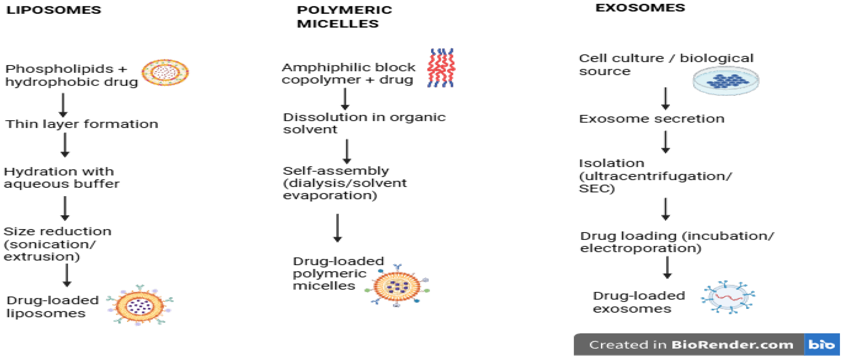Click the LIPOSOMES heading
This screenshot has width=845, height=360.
[x=54, y=10]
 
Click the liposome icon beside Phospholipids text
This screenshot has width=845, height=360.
[x=165, y=72]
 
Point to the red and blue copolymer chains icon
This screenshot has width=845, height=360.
[x=441, y=68]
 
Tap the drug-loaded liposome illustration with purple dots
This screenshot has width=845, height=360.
[x=140, y=305]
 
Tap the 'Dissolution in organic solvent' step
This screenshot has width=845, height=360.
[x=364, y=123]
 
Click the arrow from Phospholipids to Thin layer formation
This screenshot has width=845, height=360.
[x=63, y=105]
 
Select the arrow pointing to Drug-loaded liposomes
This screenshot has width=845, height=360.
[x=67, y=275]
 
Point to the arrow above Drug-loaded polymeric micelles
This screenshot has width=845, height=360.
[x=338, y=228]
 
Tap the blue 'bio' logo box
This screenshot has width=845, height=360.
[x=822, y=345]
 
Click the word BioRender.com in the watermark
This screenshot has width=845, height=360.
[x=732, y=345]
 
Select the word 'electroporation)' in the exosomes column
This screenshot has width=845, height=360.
[x=641, y=248]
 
